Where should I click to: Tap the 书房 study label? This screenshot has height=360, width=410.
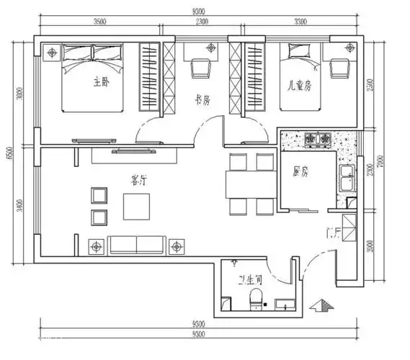point(202,102)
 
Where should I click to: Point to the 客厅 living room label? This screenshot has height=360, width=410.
point(138,181)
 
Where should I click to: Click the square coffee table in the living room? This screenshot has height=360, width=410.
point(138,206)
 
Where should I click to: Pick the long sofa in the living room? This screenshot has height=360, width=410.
point(136,245)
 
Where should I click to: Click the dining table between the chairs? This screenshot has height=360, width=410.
point(249,185)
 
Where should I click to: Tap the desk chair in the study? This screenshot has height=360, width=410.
point(200,68)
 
